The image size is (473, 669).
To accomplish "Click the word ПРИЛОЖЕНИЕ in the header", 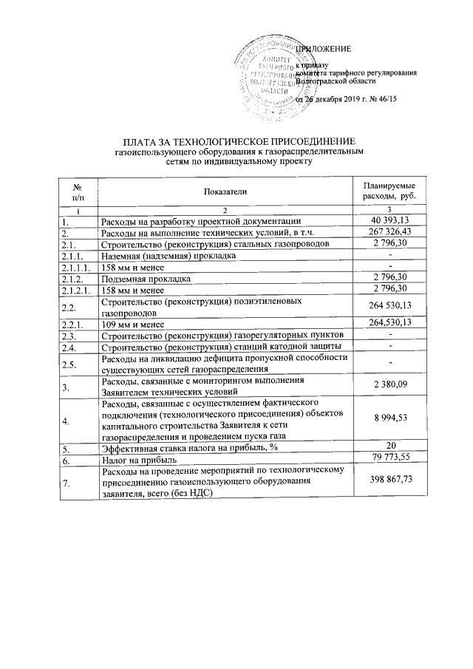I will coord(323,49).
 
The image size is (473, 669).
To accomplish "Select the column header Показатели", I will coord(225,191).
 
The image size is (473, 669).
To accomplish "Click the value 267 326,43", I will coord(389,231).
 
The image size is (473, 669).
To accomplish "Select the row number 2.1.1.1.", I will coord(76,266).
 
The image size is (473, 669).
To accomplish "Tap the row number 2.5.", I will coord(69,363).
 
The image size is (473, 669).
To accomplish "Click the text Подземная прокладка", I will coord(146,279).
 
